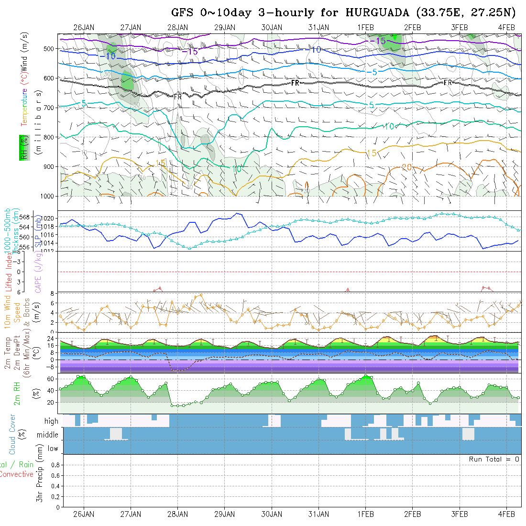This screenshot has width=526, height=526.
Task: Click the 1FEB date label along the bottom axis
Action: pos(366,514)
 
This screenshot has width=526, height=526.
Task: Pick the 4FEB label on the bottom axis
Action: pos(506,514)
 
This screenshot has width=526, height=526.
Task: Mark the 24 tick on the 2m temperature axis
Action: pos(50,337)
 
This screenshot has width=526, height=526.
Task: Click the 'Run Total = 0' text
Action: pos(494,459)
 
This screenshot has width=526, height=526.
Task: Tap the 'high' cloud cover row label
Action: pos(51,421)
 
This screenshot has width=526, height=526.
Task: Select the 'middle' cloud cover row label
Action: pos(48,435)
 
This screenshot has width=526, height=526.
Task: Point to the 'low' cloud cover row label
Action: pos(53,449)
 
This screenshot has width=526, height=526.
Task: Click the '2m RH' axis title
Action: pos(17,393)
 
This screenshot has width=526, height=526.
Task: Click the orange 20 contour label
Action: pos(406,167)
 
